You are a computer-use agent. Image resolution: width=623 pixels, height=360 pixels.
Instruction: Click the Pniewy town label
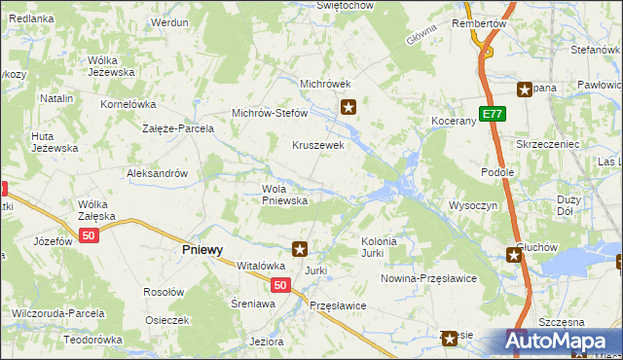pyautogui.click(x=202, y=249)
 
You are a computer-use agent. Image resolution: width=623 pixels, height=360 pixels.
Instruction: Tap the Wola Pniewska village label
pyautogui.click(x=284, y=195)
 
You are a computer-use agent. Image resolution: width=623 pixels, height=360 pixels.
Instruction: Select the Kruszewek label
pyautogui.click(x=319, y=145)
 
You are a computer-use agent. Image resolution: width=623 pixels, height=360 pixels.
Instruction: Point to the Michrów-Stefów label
pyautogui.click(x=269, y=113)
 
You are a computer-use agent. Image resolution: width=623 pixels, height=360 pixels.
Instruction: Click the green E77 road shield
pyautogui.click(x=494, y=114)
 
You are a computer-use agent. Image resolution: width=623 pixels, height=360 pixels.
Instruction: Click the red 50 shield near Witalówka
pyautogui.click(x=279, y=285)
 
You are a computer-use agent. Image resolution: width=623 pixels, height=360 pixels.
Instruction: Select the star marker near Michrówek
pyautogui.click(x=348, y=107)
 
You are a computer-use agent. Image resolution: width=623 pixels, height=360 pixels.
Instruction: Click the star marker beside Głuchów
pyautogui.click(x=513, y=255)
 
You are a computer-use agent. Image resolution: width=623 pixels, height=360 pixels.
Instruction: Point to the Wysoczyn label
pyautogui.click(x=473, y=206)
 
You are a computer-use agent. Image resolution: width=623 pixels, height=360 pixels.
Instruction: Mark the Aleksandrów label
pyautogui.click(x=157, y=173)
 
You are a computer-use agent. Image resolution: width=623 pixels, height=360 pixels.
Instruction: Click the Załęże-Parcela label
pyautogui.click(x=177, y=127)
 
